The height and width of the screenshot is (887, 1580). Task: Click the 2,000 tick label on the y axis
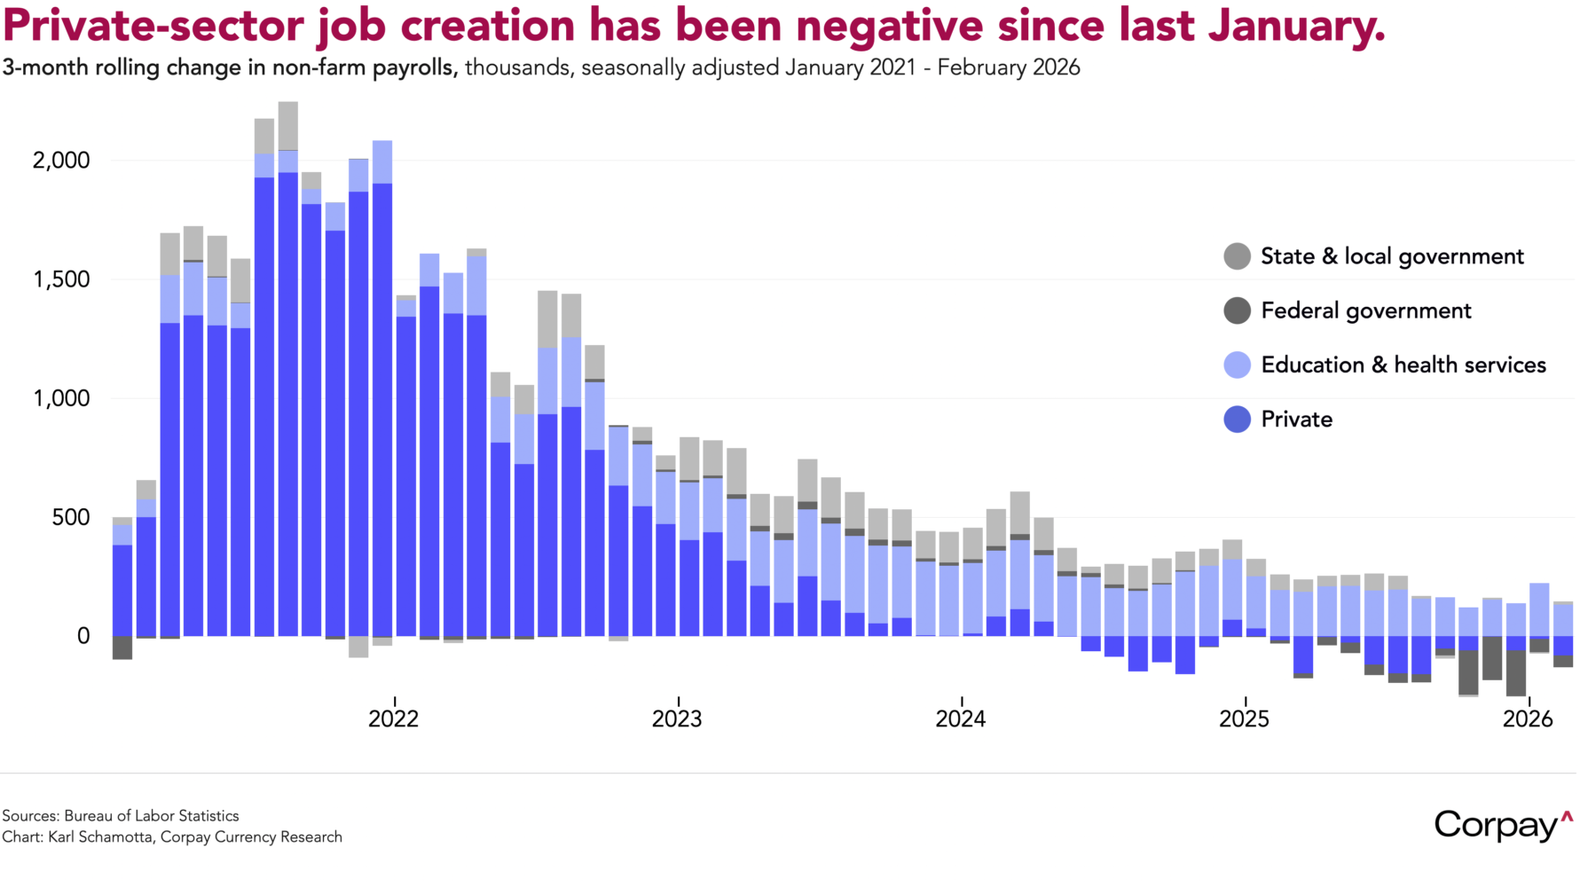[x=61, y=161]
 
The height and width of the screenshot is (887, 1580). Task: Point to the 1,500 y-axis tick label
[x=61, y=279]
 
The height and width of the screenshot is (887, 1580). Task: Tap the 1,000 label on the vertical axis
[x=61, y=398]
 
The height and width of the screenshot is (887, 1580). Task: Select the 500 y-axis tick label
[x=71, y=517]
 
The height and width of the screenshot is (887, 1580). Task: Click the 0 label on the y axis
[x=83, y=636]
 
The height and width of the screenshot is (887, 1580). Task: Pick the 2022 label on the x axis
[x=394, y=718]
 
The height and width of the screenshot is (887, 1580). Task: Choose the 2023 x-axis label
[x=677, y=718]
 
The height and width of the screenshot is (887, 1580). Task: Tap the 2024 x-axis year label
[x=961, y=718]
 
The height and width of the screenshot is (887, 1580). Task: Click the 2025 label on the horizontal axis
[x=1244, y=718]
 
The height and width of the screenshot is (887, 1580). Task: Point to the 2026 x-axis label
[x=1528, y=718]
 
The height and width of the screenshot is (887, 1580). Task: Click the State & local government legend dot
[x=1237, y=256]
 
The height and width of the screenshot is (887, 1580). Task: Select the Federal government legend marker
[x=1237, y=310]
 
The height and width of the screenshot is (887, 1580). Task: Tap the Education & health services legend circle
[x=1237, y=365]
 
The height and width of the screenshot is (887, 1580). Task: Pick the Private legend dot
[x=1237, y=419]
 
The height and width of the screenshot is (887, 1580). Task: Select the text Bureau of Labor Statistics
[x=152, y=816]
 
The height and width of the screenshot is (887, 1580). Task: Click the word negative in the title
[x=890, y=27]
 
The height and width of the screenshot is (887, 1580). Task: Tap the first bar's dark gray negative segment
[x=122, y=648]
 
